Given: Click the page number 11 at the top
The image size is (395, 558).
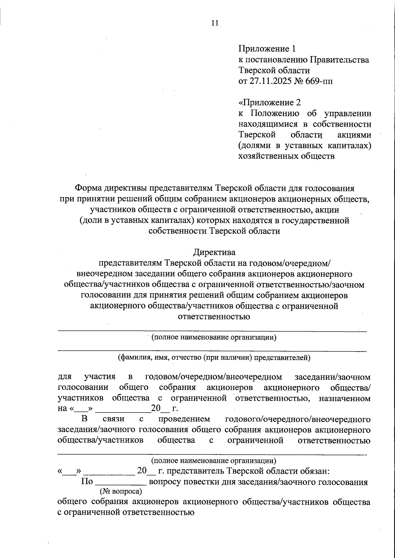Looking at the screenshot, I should [x=215, y=23].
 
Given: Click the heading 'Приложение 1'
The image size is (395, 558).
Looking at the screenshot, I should [x=267, y=49].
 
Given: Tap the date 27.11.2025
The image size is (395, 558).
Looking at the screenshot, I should [x=270, y=81].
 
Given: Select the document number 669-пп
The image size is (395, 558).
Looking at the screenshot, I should [x=319, y=81].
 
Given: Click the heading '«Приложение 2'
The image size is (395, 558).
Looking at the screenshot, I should [x=270, y=103].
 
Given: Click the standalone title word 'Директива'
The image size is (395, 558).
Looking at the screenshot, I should [x=214, y=253].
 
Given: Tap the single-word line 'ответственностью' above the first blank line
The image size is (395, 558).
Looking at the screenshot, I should [x=214, y=317].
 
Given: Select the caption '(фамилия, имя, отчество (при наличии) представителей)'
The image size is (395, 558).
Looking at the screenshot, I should [x=214, y=357].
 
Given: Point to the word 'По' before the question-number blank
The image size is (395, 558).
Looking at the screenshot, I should [x=87, y=482].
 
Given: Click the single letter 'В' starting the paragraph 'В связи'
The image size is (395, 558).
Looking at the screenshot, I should [x=85, y=419].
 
